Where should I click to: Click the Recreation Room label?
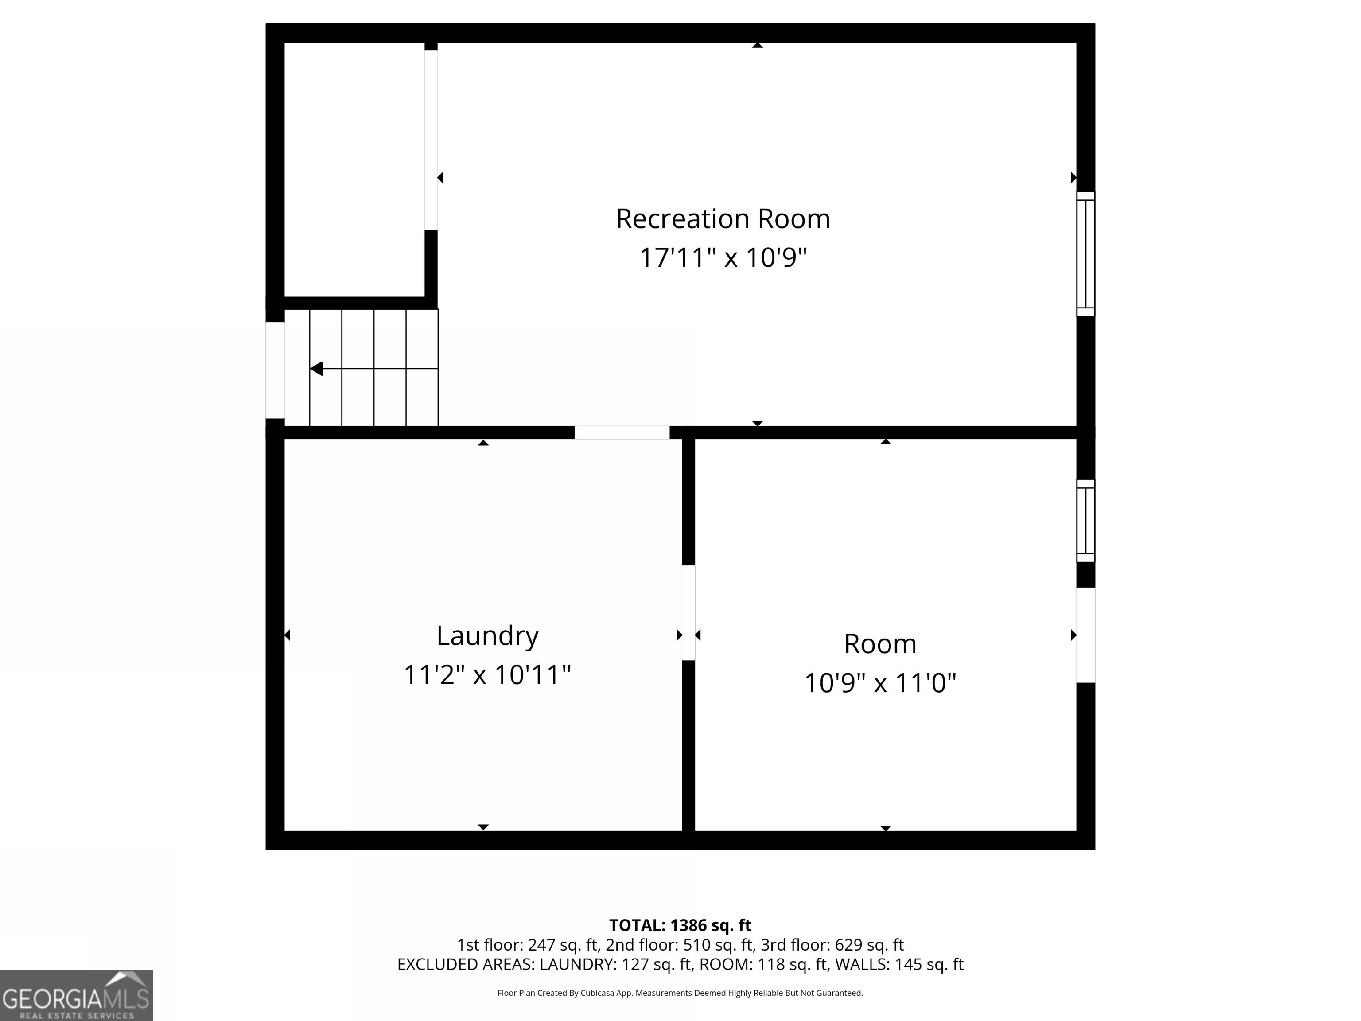tap(723, 219)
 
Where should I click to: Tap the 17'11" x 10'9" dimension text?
tap(723, 258)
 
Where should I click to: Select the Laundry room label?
tap(487, 636)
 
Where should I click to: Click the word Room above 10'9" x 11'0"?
tap(880, 644)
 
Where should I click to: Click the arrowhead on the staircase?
tap(316, 369)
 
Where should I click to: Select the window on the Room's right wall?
tap(1085, 521)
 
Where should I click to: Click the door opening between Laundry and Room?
tap(688, 612)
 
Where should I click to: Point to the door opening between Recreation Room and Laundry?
tap(622, 432)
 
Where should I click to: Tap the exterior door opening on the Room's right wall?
tap(1085, 635)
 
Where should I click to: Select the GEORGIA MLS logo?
tap(76, 995)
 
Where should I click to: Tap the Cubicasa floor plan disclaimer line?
tap(680, 993)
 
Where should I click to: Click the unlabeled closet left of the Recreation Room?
tap(354, 169)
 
